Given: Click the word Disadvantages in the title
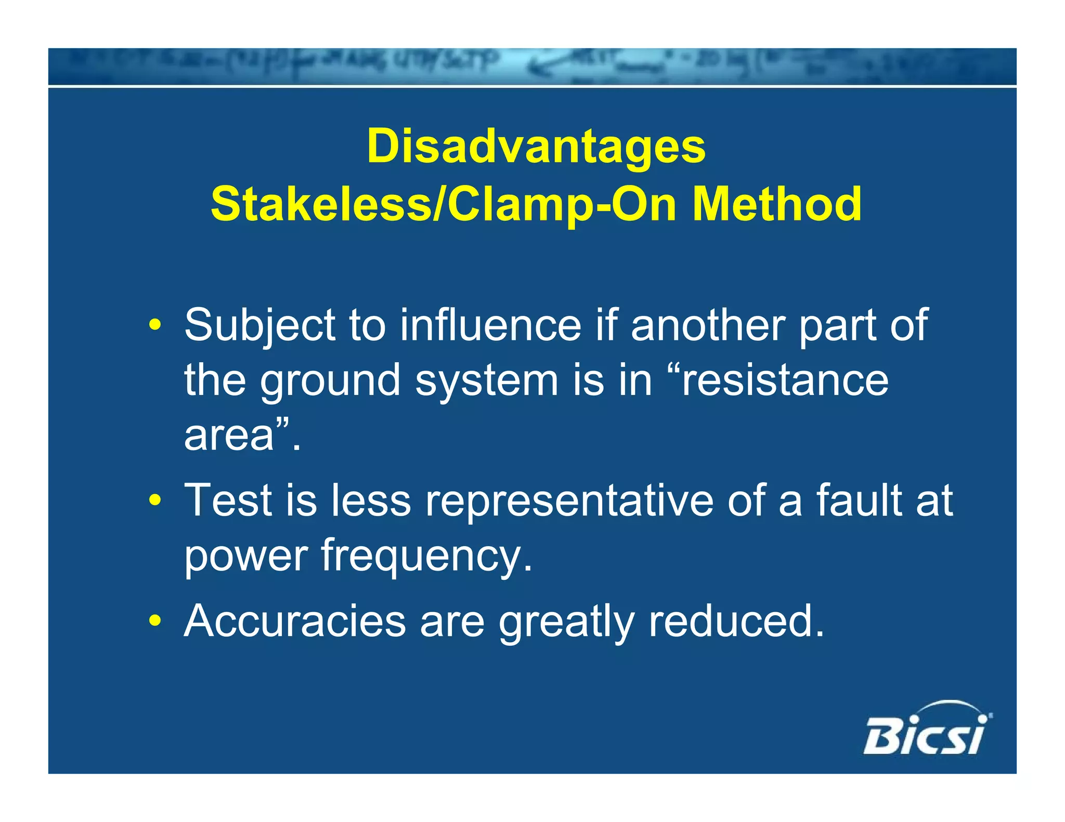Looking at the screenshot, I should coord(536,147).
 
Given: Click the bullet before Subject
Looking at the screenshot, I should coord(154,326).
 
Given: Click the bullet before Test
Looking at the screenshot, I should coord(154,500).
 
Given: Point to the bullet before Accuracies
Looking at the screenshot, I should coord(154,620).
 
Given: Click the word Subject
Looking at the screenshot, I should coord(260,326).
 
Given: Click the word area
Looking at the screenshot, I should coord(229,435).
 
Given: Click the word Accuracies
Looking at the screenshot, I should coord(295,620).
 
